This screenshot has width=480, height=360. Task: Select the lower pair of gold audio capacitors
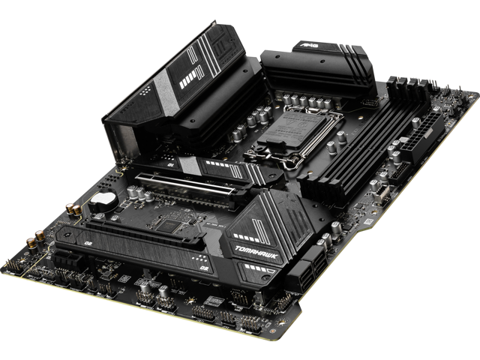[x=34, y=241]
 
